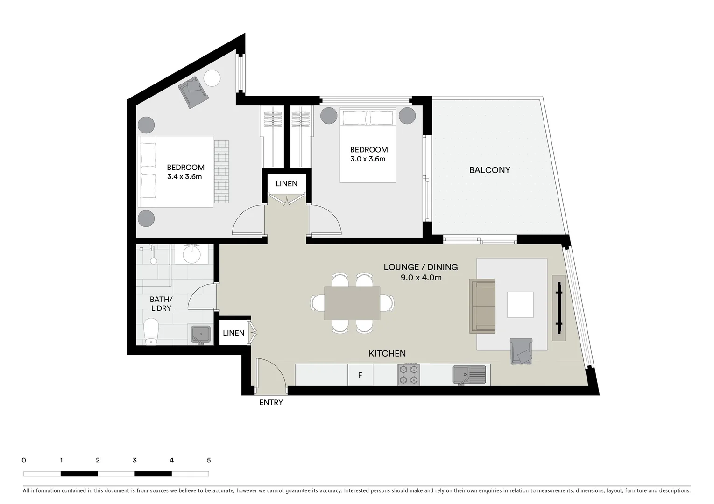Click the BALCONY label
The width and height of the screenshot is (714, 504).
click(489, 170)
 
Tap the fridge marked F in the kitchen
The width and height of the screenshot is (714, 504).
click(360, 375)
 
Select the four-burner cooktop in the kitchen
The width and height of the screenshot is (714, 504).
click(409, 374)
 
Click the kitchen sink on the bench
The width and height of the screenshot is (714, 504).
click(469, 375)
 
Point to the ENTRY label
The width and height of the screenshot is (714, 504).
click(271, 402)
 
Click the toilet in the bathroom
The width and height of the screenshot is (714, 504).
click(151, 331)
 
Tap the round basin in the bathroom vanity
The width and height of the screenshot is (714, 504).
click(191, 254)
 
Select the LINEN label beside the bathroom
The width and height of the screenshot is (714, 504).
click(233, 333)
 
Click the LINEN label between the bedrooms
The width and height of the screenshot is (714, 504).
click(286, 183)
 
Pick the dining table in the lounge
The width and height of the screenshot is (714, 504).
click(352, 303)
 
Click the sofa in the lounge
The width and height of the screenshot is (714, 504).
click(482, 306)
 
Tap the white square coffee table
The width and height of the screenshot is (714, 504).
click(520, 304)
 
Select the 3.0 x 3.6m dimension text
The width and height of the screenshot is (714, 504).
click(368, 159)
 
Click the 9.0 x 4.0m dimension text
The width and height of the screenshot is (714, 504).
click(421, 277)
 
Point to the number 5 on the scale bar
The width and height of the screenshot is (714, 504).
click(209, 460)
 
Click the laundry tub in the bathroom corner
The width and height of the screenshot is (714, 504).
click(201, 334)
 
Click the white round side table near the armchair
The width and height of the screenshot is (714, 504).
click(212, 78)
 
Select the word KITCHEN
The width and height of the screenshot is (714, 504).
click(387, 353)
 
